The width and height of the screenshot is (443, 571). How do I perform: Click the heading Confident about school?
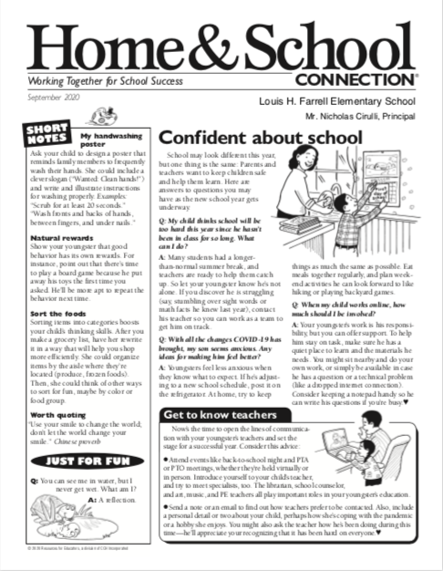(261, 137)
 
